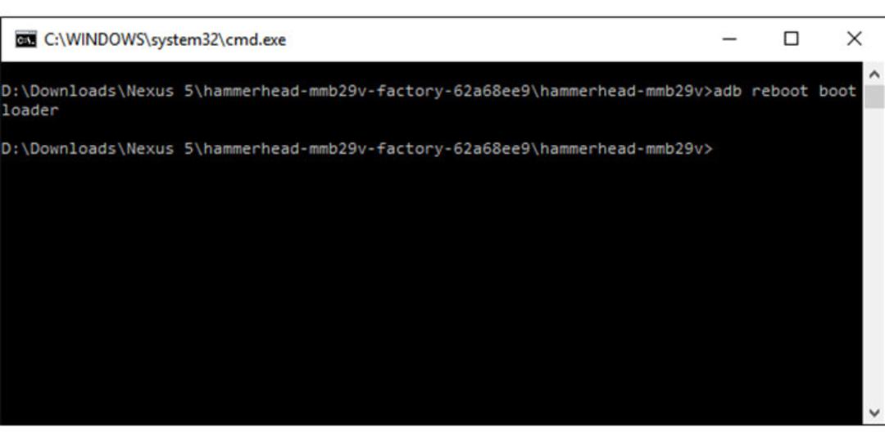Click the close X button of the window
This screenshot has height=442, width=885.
click(x=854, y=39)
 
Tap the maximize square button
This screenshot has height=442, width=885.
click(x=792, y=39)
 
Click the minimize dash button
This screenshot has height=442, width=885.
click(x=729, y=39)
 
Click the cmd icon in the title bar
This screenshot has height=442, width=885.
click(x=26, y=40)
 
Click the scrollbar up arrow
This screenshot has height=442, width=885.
click(x=874, y=74)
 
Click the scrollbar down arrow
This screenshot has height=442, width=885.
click(x=874, y=412)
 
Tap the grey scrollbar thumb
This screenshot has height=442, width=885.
click(x=874, y=97)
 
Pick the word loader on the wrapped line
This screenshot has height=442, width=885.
click(x=29, y=110)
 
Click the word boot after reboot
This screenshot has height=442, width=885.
click(x=837, y=91)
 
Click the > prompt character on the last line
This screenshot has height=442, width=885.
click(x=709, y=149)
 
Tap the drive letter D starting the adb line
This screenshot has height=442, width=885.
click(x=6, y=91)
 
